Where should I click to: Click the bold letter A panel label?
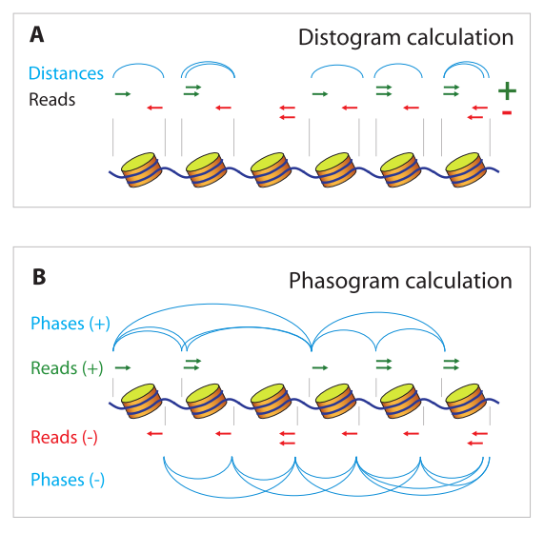[37, 34]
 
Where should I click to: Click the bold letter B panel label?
[39, 277]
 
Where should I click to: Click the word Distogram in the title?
[350, 38]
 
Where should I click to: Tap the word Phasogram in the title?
[344, 282]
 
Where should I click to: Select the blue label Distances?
[66, 73]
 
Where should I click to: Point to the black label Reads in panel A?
[52, 100]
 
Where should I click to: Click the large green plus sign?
[507, 91]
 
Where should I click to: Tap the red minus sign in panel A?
[507, 112]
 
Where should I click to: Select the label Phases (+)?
[71, 324]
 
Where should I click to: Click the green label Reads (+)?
[67, 368]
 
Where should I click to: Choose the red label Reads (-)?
[64, 438]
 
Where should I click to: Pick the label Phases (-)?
[68, 480]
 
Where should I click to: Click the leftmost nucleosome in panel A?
[142, 169]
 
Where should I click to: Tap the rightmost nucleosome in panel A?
[466, 169]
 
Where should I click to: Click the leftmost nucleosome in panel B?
[142, 401]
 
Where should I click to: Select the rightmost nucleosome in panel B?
[466, 401]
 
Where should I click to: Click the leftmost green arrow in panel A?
[123, 94]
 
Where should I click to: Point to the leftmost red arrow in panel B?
[154, 434]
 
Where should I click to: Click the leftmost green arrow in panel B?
[123, 367]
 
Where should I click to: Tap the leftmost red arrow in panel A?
[154, 108]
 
